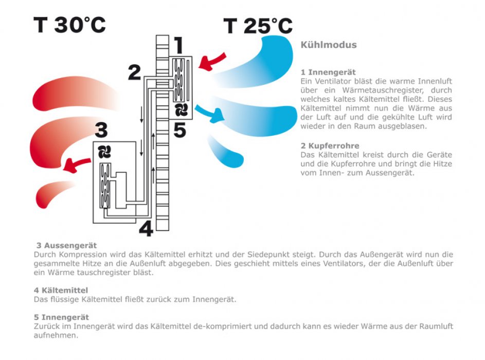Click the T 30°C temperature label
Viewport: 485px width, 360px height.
coord(69,25)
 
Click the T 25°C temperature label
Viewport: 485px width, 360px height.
coord(258,26)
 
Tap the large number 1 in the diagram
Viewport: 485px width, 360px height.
coord(179,45)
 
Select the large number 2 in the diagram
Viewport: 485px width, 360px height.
coord(135,73)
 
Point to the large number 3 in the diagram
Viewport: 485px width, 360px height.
coord(101,130)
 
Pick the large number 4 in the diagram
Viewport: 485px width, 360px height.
coord(146,229)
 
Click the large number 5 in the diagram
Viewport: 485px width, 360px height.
coord(179,130)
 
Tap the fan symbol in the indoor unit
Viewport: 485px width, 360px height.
coord(181,110)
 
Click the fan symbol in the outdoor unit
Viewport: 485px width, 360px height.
coord(104,152)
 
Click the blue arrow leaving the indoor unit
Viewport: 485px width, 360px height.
coord(209,113)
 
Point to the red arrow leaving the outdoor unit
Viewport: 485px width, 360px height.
coord(77,165)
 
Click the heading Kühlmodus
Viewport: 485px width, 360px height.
coord(329,45)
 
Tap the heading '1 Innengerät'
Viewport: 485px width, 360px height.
coord(328,73)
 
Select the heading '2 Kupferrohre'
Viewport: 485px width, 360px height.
coord(330,146)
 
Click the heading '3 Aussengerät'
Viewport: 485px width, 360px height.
coord(66,245)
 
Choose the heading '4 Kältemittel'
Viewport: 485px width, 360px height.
coord(61,291)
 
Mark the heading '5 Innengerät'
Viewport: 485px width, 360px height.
coord(61,317)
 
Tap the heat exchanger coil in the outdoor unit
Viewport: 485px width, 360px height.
coord(105,186)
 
